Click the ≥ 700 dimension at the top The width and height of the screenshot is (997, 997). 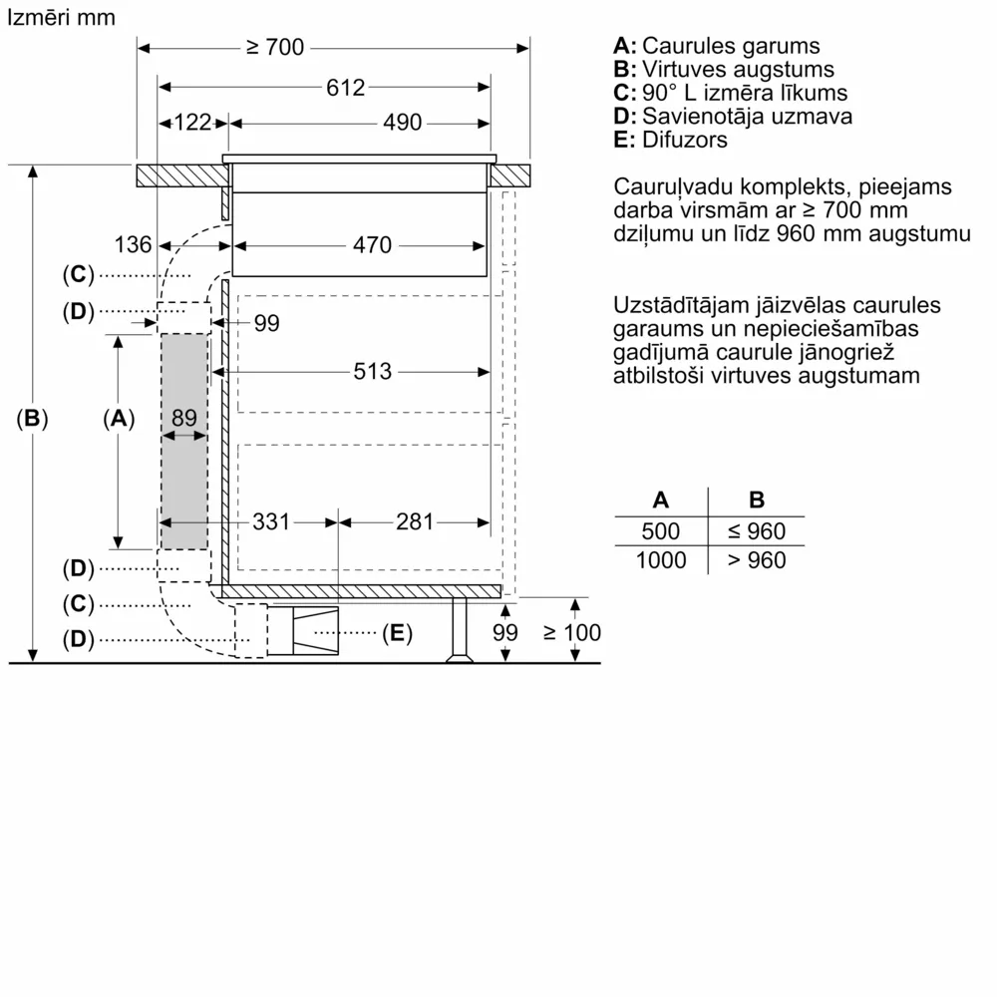[274, 47]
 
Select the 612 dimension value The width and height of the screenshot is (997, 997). [346, 87]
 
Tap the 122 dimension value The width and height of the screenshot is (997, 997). [192, 123]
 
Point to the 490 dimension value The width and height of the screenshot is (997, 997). [403, 123]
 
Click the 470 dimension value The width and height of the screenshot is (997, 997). [372, 244]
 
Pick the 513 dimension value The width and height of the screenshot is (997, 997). [372, 371]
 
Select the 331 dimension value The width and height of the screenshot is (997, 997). [271, 520]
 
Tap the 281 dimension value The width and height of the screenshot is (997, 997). [415, 520]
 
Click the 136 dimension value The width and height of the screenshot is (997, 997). [133, 244]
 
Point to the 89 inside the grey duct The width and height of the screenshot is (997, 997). [184, 419]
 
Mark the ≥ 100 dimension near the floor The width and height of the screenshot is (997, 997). [572, 632]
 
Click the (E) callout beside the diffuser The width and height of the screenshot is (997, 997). [396, 632]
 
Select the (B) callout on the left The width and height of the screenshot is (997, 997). [33, 419]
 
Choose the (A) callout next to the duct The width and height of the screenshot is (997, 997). [119, 419]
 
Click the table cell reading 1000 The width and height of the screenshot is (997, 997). [661, 560]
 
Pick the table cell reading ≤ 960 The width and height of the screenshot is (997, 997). [757, 531]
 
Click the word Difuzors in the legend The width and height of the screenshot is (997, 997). [684, 140]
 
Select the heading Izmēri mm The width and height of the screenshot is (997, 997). [61, 17]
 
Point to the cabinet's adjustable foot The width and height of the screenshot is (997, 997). [460, 628]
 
